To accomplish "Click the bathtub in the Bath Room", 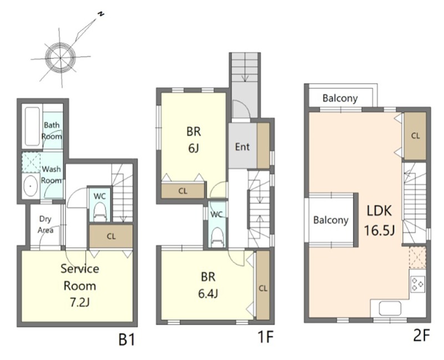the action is click(32, 127).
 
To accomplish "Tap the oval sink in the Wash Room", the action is click(31, 186).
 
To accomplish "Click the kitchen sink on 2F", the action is click(390, 309).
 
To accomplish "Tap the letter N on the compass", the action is click(100, 14).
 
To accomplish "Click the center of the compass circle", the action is click(60, 58).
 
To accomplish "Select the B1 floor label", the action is click(127, 339).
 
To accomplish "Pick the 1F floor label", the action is click(265, 337).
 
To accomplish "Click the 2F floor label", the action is click(422, 336).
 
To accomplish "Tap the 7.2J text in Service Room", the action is click(79, 303).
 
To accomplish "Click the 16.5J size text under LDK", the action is click(379, 231).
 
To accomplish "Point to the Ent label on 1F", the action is click(243, 147).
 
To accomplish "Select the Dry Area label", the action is click(46, 224).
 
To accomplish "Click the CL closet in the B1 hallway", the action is click(111, 236).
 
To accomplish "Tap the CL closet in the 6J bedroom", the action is click(183, 191).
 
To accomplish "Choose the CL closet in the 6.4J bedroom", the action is click(263, 286).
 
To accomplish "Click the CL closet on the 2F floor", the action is click(415, 136).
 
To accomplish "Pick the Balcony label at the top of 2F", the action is click(340, 98).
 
